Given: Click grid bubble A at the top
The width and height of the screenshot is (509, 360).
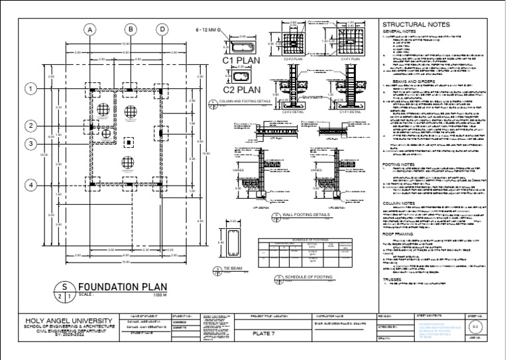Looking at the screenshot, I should pyautogui.click(x=89, y=29).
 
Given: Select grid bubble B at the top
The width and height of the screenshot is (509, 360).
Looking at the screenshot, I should pyautogui.click(x=131, y=29).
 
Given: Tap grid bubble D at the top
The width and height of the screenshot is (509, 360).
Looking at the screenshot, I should pyautogui.click(x=162, y=29).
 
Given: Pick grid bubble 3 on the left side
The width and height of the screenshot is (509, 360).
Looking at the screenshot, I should pyautogui.click(x=30, y=144).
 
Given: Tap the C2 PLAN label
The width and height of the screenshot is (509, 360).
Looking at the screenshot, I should pyautogui.click(x=241, y=89).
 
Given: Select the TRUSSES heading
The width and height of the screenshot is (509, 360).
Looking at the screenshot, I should pyautogui.click(x=395, y=280).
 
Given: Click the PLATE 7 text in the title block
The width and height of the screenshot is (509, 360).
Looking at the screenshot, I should pyautogui.click(x=264, y=333).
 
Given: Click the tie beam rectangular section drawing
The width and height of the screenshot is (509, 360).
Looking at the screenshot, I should pyautogui.click(x=233, y=243).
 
